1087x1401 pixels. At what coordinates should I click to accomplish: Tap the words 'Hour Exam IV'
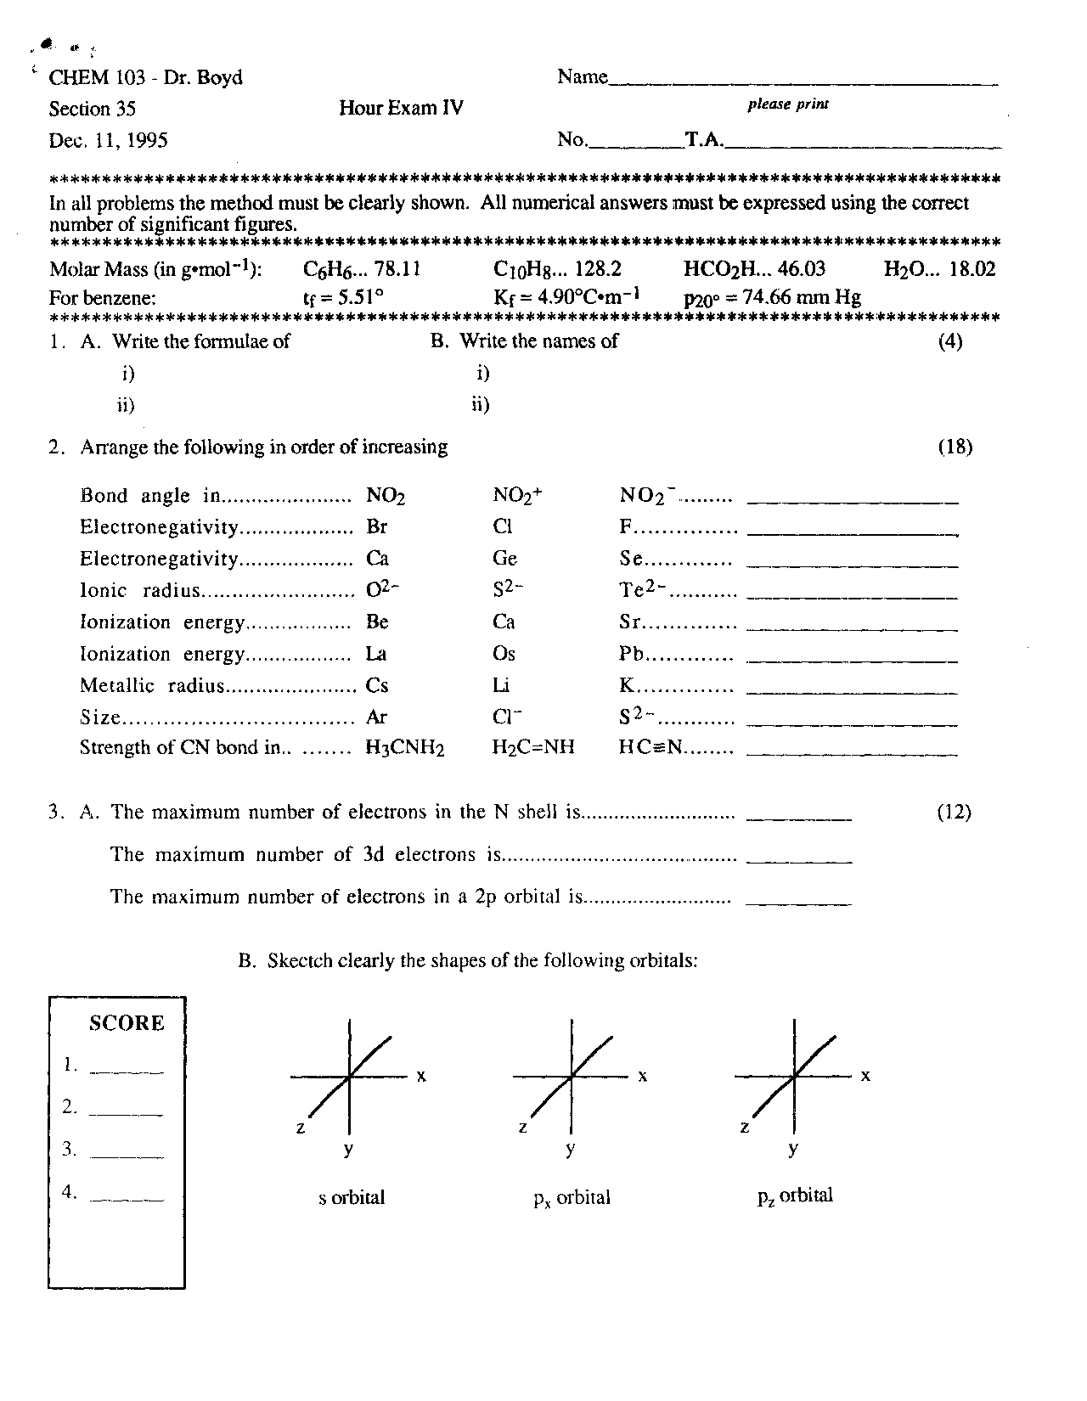401,108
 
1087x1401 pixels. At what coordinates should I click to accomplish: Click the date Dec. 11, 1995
108,140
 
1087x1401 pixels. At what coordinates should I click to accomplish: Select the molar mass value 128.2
598,269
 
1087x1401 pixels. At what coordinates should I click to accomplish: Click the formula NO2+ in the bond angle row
516,496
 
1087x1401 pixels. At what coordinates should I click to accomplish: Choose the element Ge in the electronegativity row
504,559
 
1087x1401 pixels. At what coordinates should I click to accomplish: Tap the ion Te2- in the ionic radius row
643,590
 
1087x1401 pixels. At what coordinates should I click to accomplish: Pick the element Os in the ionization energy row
504,654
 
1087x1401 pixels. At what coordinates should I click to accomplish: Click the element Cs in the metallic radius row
377,685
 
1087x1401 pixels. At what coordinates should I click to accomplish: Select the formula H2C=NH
532,747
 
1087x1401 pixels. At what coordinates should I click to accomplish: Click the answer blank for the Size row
851,724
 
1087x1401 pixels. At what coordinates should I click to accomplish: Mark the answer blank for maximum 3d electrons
798,860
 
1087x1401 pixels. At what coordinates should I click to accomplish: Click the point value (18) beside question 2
955,447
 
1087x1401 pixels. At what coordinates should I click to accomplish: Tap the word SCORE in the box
127,1023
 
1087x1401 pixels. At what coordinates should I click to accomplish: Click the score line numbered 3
126,1156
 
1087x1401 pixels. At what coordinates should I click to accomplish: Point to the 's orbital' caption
351,1197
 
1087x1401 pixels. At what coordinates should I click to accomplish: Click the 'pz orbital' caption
794,1196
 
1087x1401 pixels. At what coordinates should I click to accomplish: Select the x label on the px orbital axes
643,1076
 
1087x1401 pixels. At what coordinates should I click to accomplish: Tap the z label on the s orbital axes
300,1128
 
